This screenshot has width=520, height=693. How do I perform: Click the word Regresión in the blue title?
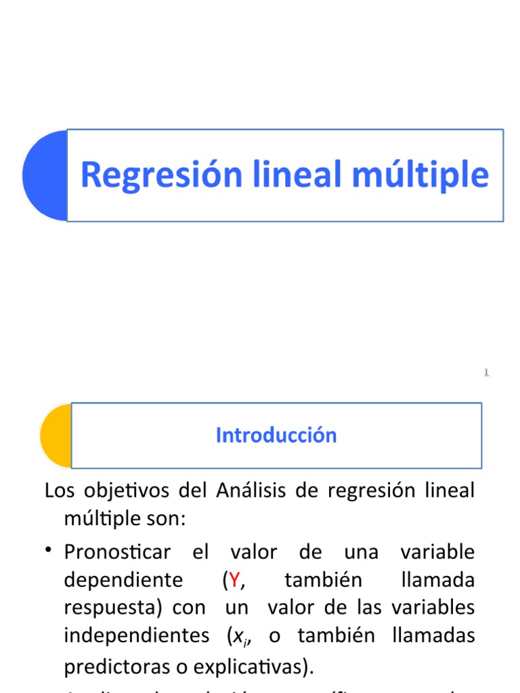161,175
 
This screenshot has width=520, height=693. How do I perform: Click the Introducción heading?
276,435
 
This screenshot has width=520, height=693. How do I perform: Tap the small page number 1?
486,372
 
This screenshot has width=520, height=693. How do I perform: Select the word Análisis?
252,490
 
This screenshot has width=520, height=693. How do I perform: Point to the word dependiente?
123,581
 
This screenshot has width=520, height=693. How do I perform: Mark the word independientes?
137,636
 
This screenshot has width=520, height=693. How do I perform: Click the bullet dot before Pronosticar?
50,550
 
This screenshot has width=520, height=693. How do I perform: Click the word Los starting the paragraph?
59,490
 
